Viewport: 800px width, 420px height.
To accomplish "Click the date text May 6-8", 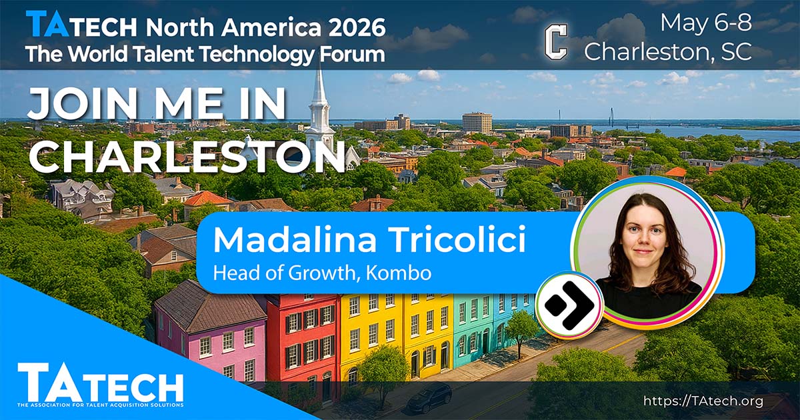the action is tap(706, 23).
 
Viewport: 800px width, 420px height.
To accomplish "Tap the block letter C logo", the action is tap(556, 42).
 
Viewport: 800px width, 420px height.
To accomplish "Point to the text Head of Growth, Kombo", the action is tap(322, 273).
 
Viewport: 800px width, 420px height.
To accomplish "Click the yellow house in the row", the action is tap(397, 332).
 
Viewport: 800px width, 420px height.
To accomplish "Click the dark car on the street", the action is tap(429, 397).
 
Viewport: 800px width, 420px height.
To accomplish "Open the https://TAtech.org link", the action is tap(703, 401).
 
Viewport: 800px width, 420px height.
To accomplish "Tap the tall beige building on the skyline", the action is tap(477, 123).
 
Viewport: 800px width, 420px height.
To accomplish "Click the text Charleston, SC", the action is tap(668, 51).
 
